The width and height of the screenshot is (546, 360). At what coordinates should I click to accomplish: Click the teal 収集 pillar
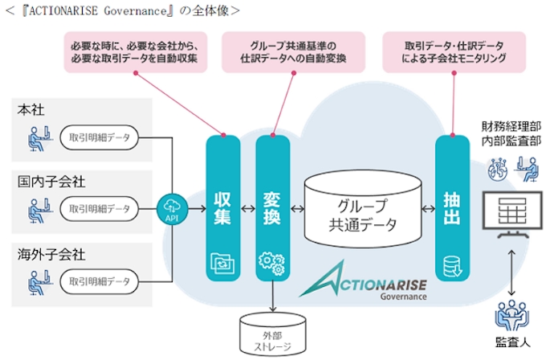(x=223, y=207)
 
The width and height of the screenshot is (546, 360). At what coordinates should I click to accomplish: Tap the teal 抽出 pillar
(x=452, y=207)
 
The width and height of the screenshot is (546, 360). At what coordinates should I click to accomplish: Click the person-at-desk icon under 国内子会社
(x=35, y=210)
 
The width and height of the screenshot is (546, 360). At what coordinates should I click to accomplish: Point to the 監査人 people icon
(x=511, y=317)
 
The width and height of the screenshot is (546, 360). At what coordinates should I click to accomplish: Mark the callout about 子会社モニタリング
(x=455, y=52)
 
